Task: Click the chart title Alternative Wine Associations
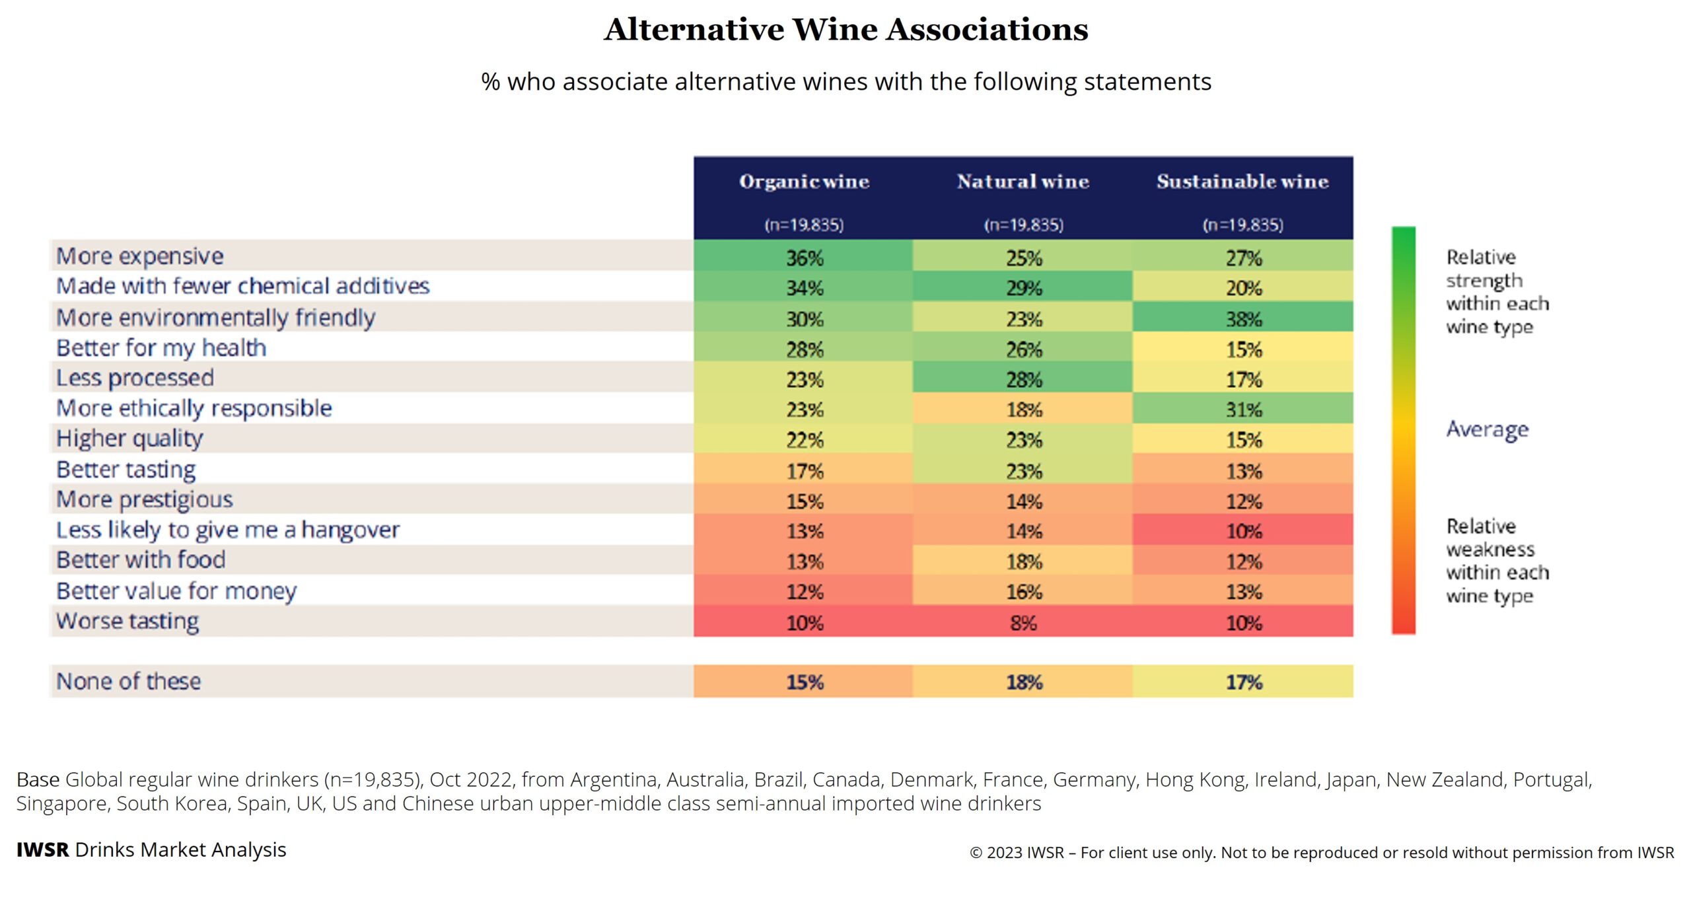point(845,30)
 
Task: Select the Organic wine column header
point(804,182)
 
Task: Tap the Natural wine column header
point(1023,182)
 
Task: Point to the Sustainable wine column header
point(1242,182)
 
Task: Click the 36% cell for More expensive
point(804,257)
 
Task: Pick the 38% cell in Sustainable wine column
point(1243,319)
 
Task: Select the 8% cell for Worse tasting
point(1023,622)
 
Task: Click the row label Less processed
point(135,378)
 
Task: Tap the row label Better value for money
point(176,591)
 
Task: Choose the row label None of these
point(128,681)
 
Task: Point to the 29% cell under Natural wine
point(1023,288)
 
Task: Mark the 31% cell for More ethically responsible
point(1243,410)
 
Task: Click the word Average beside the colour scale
point(1487,429)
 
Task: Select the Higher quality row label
point(129,439)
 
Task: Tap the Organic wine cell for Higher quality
point(804,440)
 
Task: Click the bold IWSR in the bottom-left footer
point(42,850)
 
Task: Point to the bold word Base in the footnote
point(38,780)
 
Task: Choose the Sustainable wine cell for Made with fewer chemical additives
point(1243,288)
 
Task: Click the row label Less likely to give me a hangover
point(228,530)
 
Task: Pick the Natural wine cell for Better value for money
point(1023,592)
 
